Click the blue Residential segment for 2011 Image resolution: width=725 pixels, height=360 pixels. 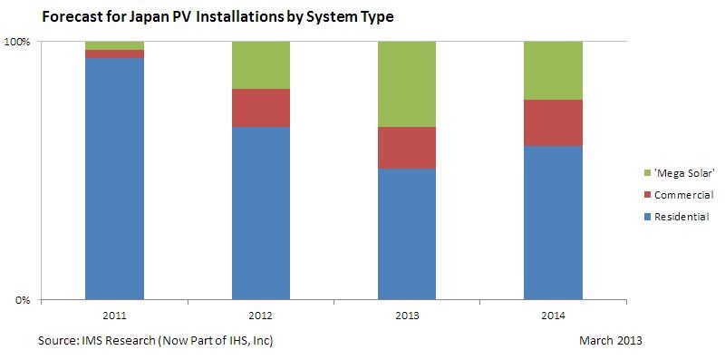(114, 178)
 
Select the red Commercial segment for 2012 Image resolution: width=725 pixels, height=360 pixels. (261, 108)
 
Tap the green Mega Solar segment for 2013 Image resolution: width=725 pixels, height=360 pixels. (407, 83)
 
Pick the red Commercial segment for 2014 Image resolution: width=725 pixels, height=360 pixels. (553, 122)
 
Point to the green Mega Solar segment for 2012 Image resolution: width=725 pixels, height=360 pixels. (261, 64)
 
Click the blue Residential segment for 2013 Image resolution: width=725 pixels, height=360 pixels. (407, 234)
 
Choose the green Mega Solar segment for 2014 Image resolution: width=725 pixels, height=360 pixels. (553, 70)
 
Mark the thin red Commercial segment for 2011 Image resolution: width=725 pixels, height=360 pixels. (114, 54)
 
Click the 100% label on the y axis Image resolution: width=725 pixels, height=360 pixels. (18, 42)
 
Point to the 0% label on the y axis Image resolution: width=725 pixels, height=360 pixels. (23, 300)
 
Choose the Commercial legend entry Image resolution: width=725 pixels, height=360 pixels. (684, 195)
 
